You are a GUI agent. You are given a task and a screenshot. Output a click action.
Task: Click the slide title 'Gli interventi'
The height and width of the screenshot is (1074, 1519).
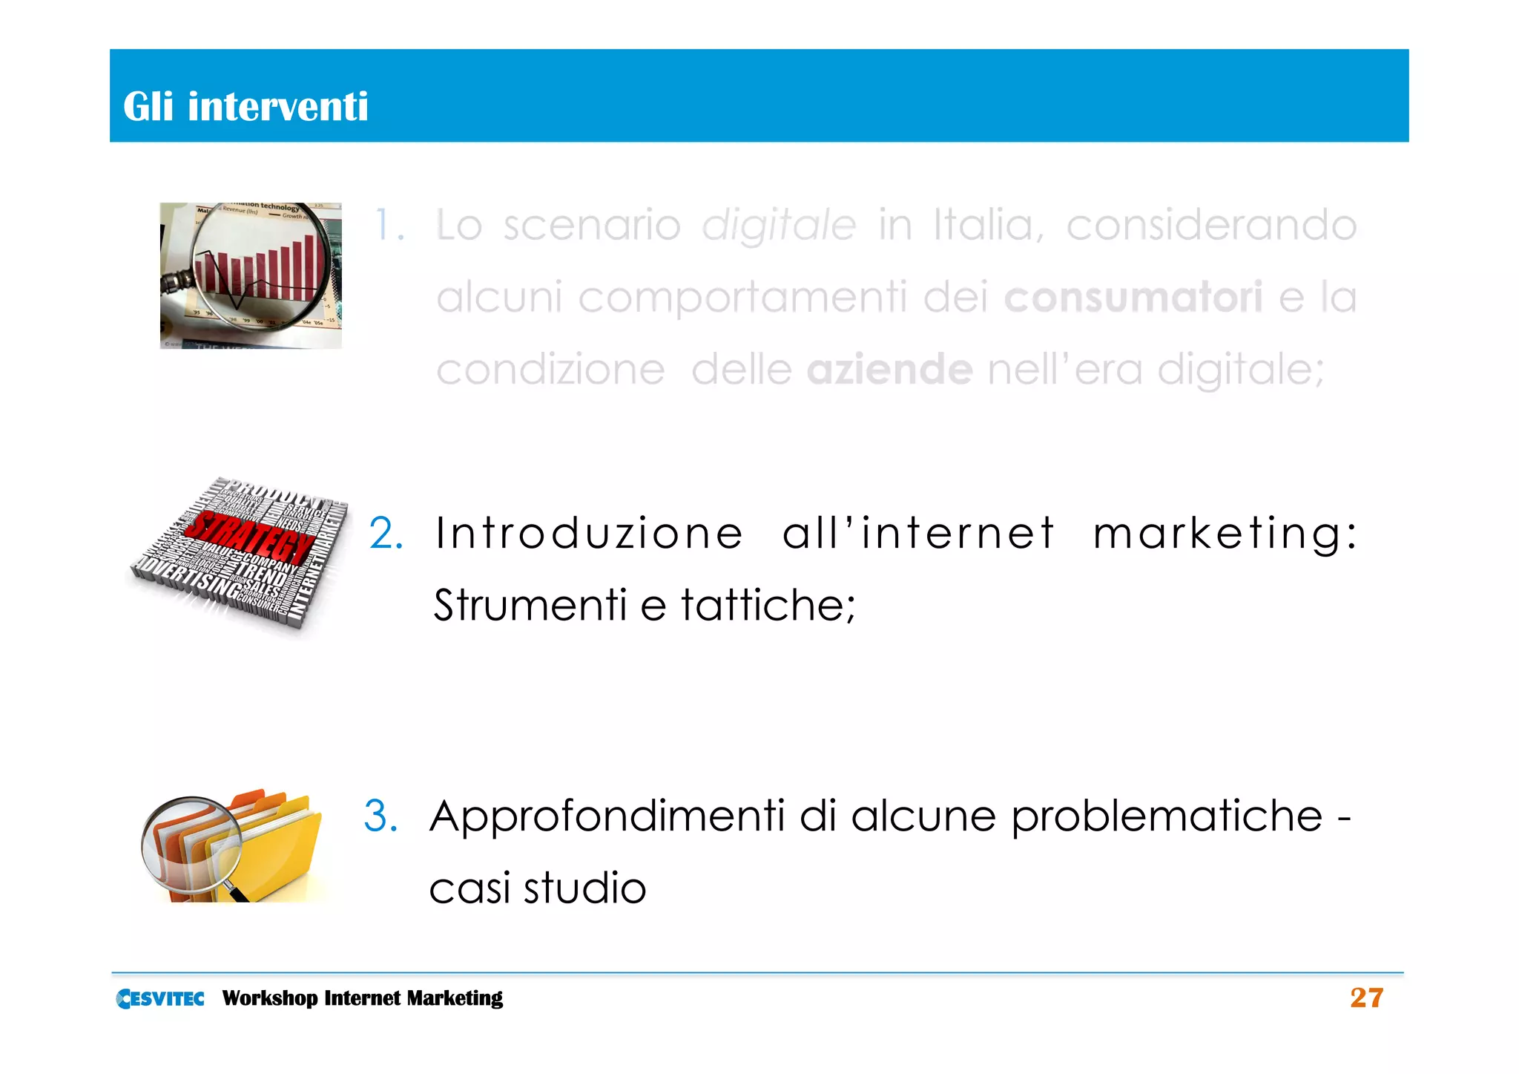pos(246,106)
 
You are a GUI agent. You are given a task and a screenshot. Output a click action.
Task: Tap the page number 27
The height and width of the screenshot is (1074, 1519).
pos(1366,998)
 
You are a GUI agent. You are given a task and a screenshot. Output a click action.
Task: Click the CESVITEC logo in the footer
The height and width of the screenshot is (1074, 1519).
pos(160,998)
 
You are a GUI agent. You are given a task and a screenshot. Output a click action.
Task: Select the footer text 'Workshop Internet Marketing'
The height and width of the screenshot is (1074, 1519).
pos(362,998)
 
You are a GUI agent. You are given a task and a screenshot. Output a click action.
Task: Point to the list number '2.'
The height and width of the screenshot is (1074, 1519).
pos(386,534)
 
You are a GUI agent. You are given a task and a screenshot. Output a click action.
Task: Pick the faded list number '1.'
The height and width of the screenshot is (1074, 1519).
pos(389,225)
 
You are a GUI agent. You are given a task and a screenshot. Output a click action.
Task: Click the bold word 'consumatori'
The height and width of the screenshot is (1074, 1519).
pos(1133,297)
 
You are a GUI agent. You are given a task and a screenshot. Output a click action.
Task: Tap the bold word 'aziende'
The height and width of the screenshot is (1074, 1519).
pos(889,370)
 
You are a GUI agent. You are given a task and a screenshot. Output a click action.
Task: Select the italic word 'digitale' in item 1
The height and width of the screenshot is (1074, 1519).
pos(779,226)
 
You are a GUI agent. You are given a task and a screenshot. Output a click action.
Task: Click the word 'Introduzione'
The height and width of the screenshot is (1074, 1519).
pos(589,533)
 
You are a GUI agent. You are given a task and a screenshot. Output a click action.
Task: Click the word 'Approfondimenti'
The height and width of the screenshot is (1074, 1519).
pos(606,816)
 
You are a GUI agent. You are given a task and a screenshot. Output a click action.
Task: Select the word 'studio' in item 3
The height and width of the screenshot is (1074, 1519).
pos(585,888)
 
